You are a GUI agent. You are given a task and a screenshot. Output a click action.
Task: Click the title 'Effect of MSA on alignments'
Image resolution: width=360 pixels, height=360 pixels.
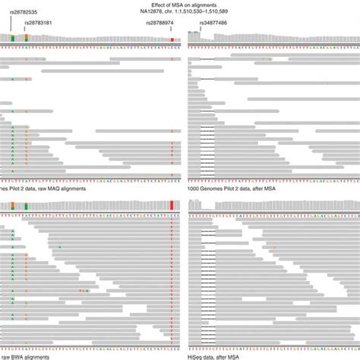(x=179, y=5)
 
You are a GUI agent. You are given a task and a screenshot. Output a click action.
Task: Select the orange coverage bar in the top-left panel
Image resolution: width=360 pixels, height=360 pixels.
(x=27, y=38)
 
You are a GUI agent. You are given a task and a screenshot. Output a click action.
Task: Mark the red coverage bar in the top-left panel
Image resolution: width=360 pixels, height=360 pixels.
(x=173, y=39)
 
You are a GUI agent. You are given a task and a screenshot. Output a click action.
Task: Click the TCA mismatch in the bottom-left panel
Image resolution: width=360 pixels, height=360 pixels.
(x=86, y=290)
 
